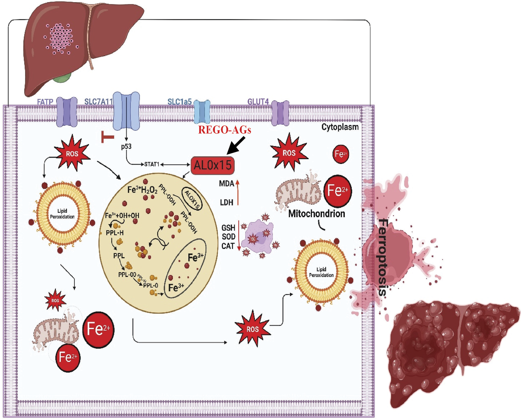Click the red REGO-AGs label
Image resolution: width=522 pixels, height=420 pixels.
[225, 130]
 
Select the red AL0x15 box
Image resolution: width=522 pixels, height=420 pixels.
[212, 165]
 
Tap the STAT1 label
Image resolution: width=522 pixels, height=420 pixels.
[151, 164]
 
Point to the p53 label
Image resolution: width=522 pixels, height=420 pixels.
[126, 146]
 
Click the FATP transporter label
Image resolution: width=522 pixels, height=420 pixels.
[45, 102]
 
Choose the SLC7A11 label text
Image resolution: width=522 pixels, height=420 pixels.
[98, 102]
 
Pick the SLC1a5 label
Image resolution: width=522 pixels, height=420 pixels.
[180, 102]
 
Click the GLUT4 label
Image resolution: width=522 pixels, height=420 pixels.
[258, 102]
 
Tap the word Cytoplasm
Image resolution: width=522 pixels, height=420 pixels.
[340, 127]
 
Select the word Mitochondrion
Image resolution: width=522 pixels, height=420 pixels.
[317, 214]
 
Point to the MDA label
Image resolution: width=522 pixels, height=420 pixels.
[227, 184]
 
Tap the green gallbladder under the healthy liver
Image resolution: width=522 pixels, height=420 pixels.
[62, 78]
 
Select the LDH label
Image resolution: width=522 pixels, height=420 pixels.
[227, 202]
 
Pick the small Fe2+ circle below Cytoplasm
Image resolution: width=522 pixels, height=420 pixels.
[341, 154]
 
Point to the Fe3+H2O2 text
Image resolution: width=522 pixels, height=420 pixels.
[142, 190]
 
